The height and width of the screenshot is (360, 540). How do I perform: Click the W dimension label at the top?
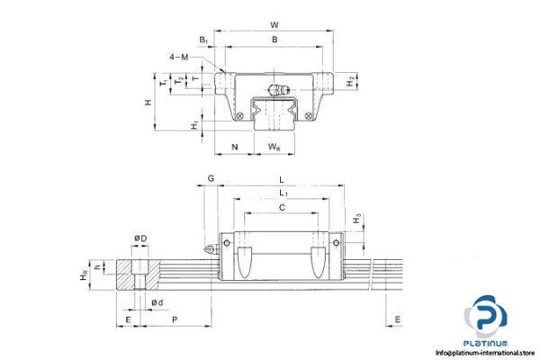274,13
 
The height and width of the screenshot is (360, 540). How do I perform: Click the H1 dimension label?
195,124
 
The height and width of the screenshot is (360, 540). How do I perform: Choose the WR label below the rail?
273,148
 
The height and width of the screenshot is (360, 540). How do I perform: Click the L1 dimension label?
283,193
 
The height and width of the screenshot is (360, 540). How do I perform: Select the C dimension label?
282,208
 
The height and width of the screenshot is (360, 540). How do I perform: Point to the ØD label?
139,238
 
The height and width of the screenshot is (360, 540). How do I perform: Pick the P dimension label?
174,319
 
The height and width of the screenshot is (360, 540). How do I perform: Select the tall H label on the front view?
148,103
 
